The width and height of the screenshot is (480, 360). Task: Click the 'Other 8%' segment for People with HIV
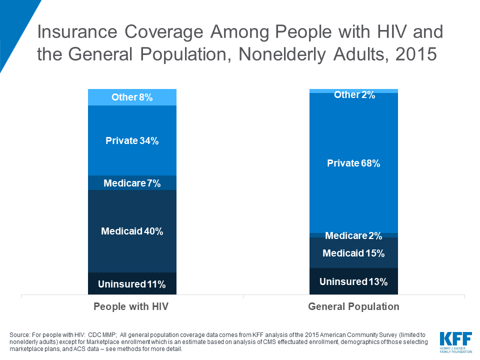(x=132, y=97)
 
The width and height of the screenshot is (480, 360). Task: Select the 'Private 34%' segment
(x=132, y=140)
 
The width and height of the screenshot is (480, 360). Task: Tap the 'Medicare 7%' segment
(x=132, y=183)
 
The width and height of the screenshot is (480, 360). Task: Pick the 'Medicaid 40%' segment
(x=132, y=231)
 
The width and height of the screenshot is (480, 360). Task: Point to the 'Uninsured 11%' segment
(x=132, y=284)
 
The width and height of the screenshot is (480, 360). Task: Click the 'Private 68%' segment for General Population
(x=353, y=163)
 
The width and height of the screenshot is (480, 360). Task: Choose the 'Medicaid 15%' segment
(x=353, y=253)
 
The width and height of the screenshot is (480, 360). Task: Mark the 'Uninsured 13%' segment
(x=353, y=281)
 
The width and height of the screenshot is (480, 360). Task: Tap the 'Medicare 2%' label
(x=353, y=235)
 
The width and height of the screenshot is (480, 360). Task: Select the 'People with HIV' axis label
(x=131, y=306)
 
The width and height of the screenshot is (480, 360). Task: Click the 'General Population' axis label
(x=353, y=306)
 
